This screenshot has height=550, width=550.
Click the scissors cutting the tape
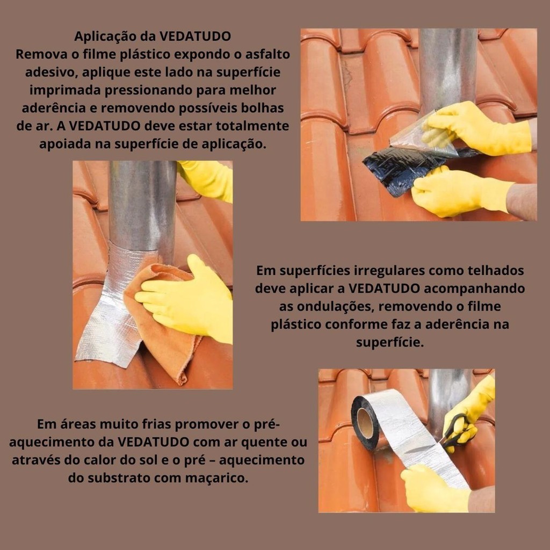pos(456,431)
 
